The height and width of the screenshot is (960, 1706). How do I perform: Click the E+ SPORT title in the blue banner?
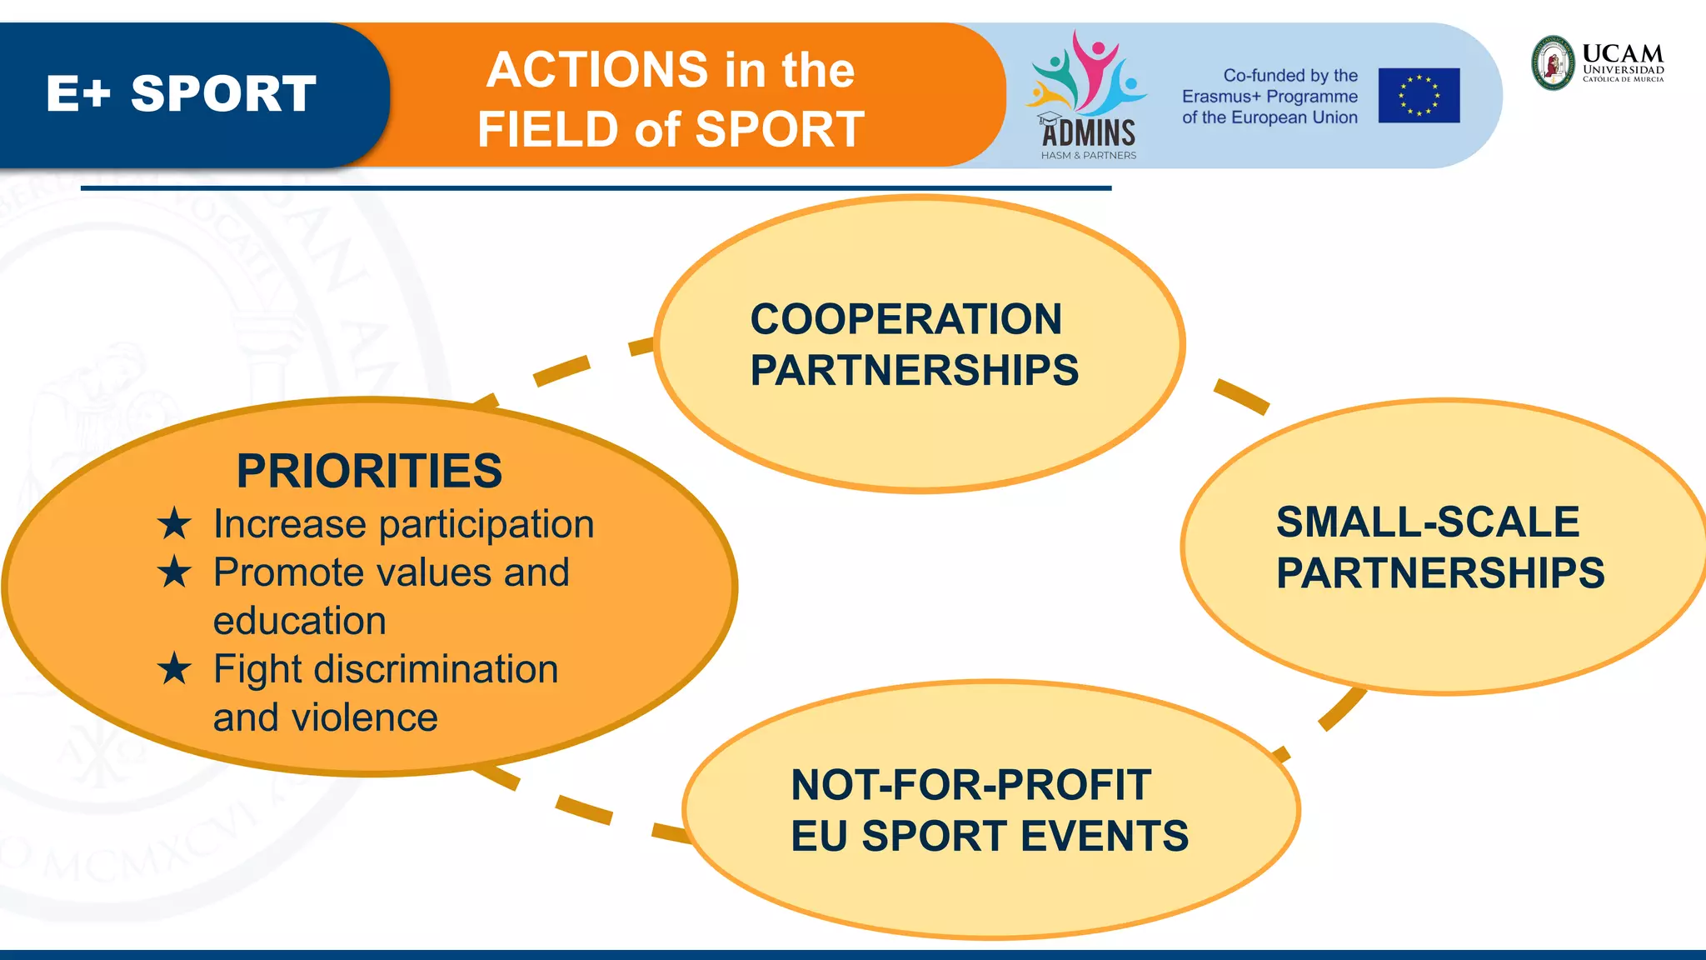click(x=181, y=93)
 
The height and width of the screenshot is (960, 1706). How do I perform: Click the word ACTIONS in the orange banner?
click(x=596, y=69)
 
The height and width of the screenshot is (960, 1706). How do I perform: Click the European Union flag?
click(x=1419, y=96)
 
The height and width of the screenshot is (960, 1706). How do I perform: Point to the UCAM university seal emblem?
click(x=1554, y=62)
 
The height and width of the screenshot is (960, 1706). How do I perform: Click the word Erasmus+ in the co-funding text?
click(x=1221, y=97)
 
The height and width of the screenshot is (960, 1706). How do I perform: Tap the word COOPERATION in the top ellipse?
click(x=905, y=319)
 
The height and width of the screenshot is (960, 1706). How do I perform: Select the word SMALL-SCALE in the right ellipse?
click(x=1428, y=522)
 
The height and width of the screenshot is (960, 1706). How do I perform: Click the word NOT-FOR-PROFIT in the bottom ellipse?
click(x=970, y=785)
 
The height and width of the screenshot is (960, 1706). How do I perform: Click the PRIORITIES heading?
click(x=369, y=471)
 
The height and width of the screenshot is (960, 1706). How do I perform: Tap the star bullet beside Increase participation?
click(x=174, y=524)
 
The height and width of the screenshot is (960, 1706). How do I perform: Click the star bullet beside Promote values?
click(x=174, y=572)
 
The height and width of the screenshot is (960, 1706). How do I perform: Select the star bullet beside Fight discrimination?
click(x=174, y=669)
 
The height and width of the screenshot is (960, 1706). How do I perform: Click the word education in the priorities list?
click(x=299, y=621)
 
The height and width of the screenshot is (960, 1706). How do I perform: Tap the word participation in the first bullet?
click(x=486, y=524)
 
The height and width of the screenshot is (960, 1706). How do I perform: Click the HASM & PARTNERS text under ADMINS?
click(x=1088, y=155)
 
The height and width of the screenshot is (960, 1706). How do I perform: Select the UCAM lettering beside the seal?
click(x=1622, y=54)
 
